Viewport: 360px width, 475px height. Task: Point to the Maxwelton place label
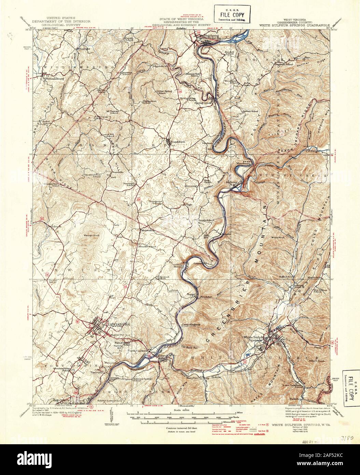148,230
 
